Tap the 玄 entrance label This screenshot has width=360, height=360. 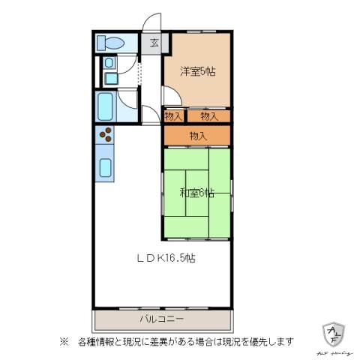tap(153, 42)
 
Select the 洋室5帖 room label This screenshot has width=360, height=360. tap(198, 72)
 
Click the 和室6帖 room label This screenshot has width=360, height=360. tap(196, 193)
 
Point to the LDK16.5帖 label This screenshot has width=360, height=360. tap(166, 258)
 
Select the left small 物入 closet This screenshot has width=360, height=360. tap(173, 115)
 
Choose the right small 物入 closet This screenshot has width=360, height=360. tap(208, 115)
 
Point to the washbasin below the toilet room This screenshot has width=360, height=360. tap(110, 77)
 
